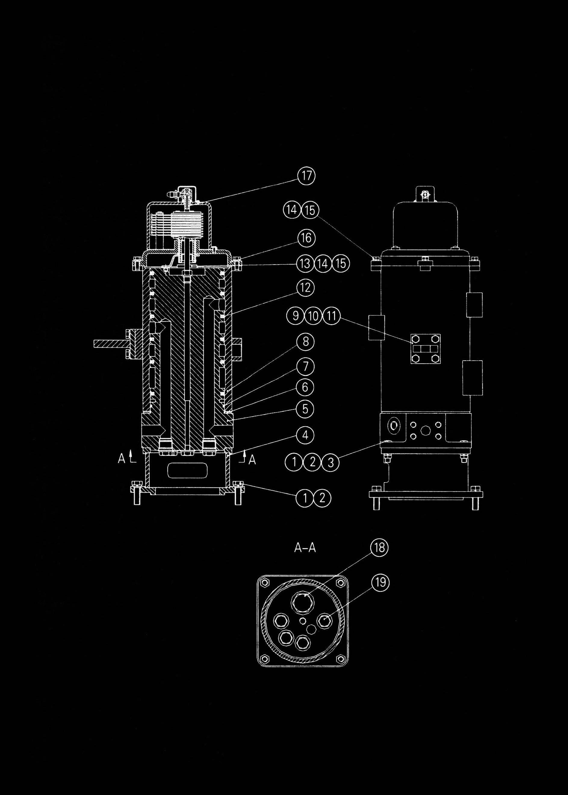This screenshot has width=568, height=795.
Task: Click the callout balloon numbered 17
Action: click(x=306, y=175)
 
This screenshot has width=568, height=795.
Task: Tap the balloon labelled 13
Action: click(x=305, y=263)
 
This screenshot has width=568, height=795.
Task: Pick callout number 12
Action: click(x=305, y=287)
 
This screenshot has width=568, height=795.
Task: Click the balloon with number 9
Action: click(x=296, y=316)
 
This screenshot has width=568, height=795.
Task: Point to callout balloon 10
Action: click(x=313, y=316)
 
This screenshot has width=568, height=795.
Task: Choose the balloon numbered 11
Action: click(x=331, y=316)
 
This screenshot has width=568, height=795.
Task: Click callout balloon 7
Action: click(x=305, y=367)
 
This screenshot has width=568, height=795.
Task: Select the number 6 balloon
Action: click(x=305, y=387)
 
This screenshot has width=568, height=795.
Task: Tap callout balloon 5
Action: click(x=305, y=408)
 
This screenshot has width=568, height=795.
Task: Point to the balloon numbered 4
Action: click(x=305, y=436)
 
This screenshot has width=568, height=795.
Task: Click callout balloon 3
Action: click(x=330, y=462)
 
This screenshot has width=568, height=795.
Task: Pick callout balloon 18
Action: click(x=380, y=547)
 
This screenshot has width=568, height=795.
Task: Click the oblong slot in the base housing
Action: click(x=188, y=471)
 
